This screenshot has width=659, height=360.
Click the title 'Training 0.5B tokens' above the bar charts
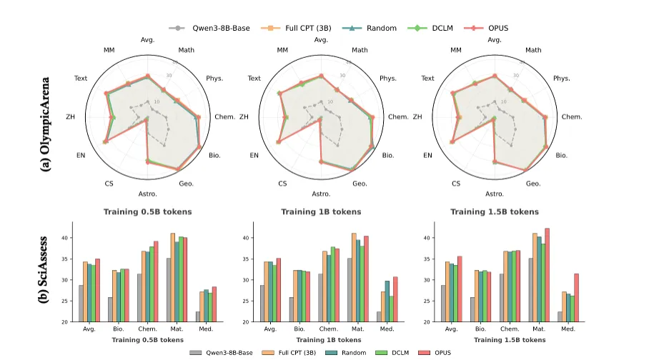[x=147, y=211]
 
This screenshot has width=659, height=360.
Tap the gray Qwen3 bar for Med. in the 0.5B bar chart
[x=198, y=316]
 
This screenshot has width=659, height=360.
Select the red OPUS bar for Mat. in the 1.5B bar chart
[x=547, y=275]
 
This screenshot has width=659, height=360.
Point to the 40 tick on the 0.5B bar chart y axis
[x=86, y=238]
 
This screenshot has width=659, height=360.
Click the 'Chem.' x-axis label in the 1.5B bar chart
[x=510, y=329]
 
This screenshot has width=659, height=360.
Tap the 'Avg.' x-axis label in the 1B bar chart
[x=271, y=329]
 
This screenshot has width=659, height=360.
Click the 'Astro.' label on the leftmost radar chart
[x=147, y=194]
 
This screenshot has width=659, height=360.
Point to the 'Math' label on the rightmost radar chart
[x=532, y=50]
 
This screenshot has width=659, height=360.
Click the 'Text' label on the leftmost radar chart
[x=81, y=78]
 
